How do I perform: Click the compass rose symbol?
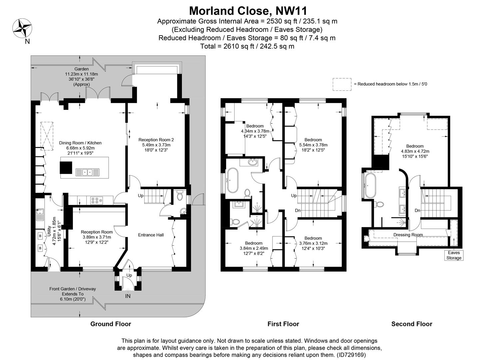22,28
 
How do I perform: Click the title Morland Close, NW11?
247,11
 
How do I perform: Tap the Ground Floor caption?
111,324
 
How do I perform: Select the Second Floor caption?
412,324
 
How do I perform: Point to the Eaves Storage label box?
454,255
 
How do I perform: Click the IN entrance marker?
128,296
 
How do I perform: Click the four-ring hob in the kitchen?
97,200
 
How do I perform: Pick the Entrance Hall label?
151,235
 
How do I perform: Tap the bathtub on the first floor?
232,180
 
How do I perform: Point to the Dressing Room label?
408,235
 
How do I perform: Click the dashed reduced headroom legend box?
342,84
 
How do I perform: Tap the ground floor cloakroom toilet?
180,195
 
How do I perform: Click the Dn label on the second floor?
417,210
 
